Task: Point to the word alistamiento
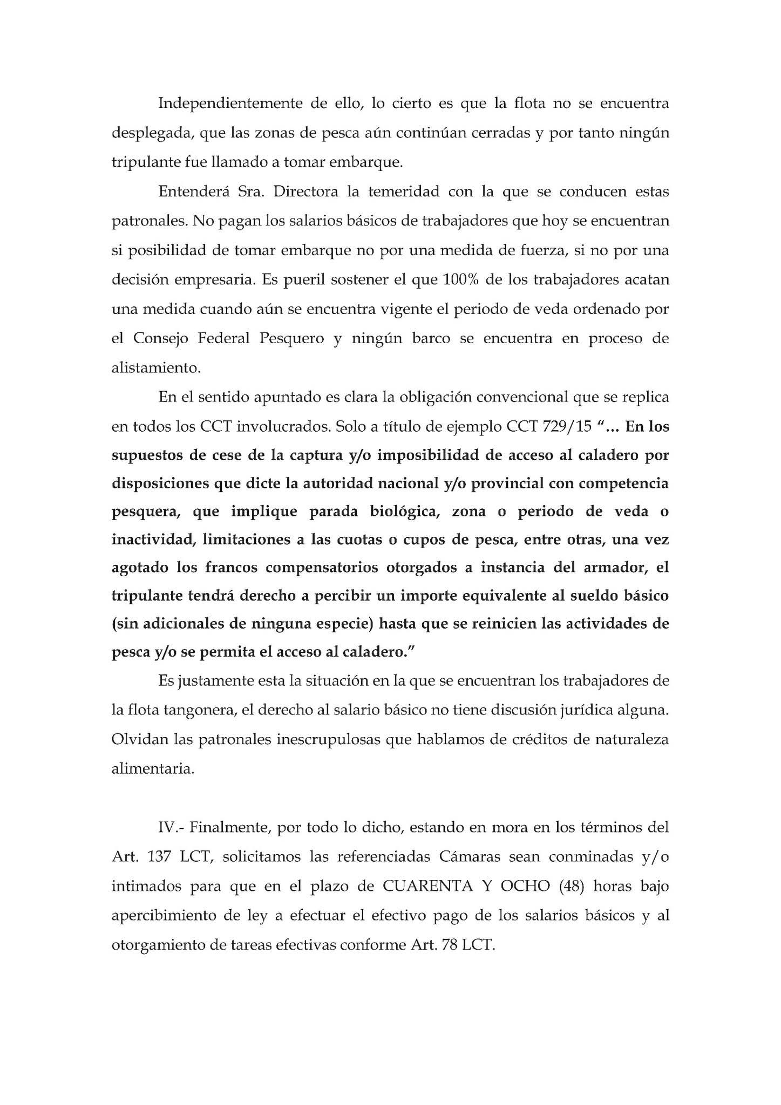[155, 369]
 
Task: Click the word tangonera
[194, 710]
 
